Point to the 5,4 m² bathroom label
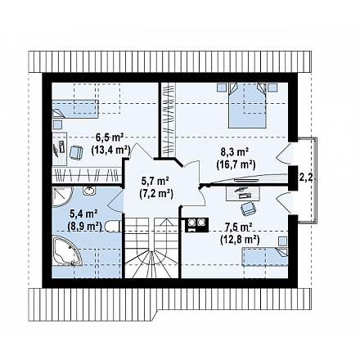(x=83, y=214)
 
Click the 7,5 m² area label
(x=238, y=227)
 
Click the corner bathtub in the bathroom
(x=67, y=251)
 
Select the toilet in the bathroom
(x=112, y=226)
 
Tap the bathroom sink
(x=89, y=191)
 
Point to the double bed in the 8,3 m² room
(x=247, y=106)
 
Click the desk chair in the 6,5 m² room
(x=76, y=152)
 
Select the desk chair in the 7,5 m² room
(x=248, y=209)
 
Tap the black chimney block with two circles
(x=196, y=225)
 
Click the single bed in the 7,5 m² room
(x=265, y=257)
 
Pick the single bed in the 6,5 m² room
(x=75, y=109)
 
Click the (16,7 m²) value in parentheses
(x=236, y=164)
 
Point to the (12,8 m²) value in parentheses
(x=240, y=239)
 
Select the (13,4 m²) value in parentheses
(x=110, y=150)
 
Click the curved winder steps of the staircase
(x=151, y=264)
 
